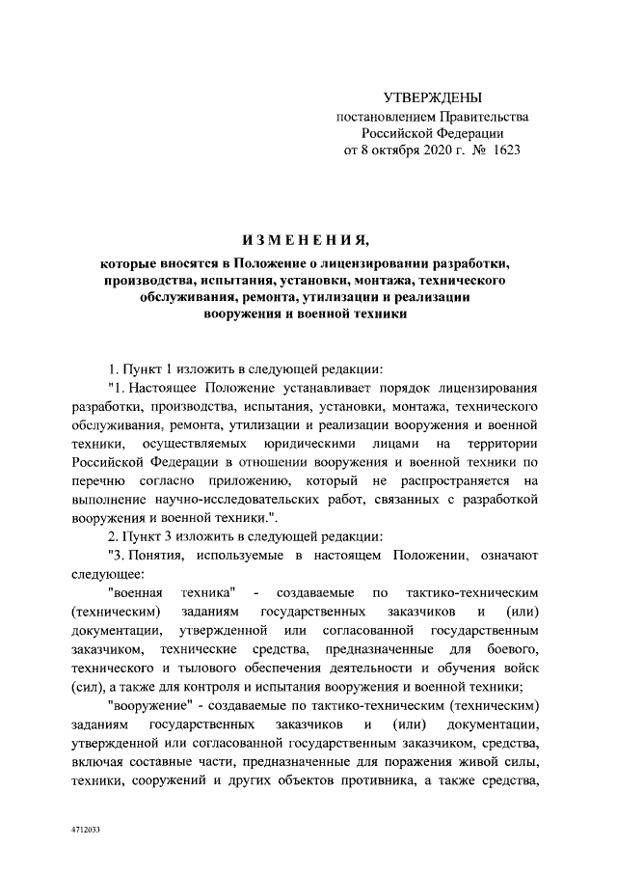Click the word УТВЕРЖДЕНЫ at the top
point(432,97)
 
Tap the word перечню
point(99,479)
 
